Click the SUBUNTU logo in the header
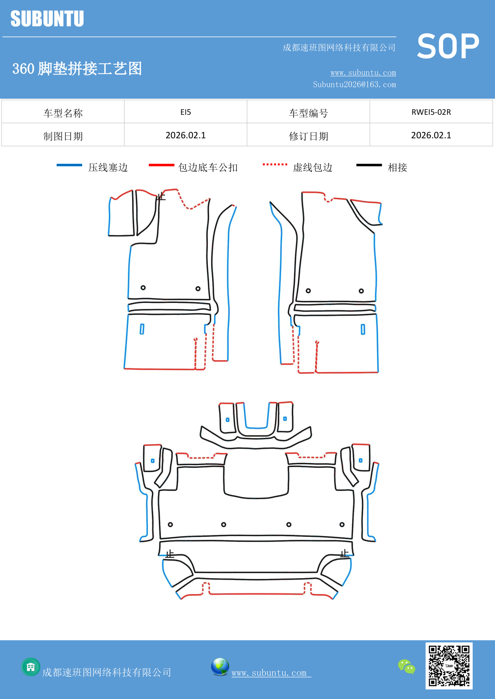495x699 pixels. tap(47, 19)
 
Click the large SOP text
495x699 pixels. tap(448, 47)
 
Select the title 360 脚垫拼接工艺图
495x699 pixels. tap(77, 69)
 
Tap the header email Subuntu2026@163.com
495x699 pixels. tap(354, 84)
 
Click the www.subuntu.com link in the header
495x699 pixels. tap(363, 73)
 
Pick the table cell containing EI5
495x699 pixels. tap(185, 112)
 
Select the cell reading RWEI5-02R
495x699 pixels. tap(431, 112)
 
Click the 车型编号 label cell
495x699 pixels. tap(308, 113)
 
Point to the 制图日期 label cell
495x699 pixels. tap(63, 136)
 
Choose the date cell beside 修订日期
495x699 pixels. tap(431, 135)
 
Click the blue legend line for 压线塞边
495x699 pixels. tap(69, 165)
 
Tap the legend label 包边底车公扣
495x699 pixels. tap(208, 167)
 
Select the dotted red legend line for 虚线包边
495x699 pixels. tap(275, 164)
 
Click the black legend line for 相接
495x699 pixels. tap(369, 165)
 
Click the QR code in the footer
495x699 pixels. tap(449, 666)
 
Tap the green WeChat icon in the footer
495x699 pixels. tap(406, 667)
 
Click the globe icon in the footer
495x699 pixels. tap(220, 667)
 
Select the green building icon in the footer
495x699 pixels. tap(31, 667)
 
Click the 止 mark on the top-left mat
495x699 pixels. tap(161, 196)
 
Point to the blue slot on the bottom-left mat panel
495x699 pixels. tap(142, 329)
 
